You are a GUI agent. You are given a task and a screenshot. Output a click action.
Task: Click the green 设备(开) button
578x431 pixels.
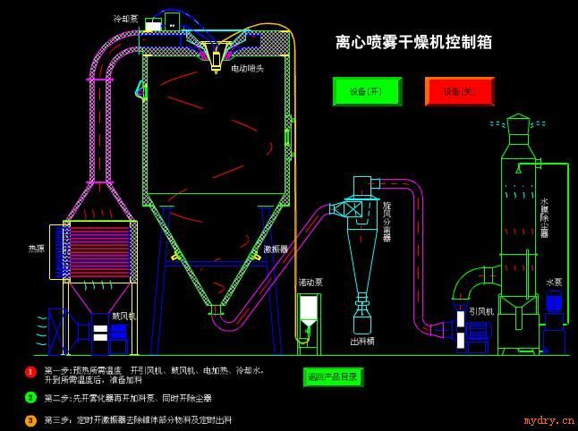point(367,91)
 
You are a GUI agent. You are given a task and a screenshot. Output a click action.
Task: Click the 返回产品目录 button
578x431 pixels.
point(333,376)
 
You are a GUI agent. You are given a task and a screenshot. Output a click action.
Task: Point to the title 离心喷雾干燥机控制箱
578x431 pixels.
point(413,42)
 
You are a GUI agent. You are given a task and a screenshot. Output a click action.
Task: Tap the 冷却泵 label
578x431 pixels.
point(125,18)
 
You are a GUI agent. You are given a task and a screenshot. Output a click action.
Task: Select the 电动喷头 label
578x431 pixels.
point(248,68)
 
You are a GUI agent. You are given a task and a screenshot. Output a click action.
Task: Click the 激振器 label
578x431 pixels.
point(276,249)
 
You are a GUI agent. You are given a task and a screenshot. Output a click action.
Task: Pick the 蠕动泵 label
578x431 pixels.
point(310,282)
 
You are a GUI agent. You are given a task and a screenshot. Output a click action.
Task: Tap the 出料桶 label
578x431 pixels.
point(362,341)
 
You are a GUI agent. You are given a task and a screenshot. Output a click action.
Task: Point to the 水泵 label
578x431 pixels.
point(554,282)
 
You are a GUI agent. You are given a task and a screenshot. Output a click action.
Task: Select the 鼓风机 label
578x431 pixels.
point(123,316)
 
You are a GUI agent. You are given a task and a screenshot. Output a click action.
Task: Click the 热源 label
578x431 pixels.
point(36,249)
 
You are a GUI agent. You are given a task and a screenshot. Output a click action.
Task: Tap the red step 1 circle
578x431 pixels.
point(30,371)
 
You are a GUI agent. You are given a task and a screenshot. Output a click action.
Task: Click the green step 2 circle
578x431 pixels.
point(30,397)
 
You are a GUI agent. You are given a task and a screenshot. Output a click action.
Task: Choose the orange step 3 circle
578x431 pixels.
point(30,419)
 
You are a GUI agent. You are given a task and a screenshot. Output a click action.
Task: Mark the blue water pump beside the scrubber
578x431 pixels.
point(554,305)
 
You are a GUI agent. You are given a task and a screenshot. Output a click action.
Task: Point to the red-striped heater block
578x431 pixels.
point(99,249)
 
